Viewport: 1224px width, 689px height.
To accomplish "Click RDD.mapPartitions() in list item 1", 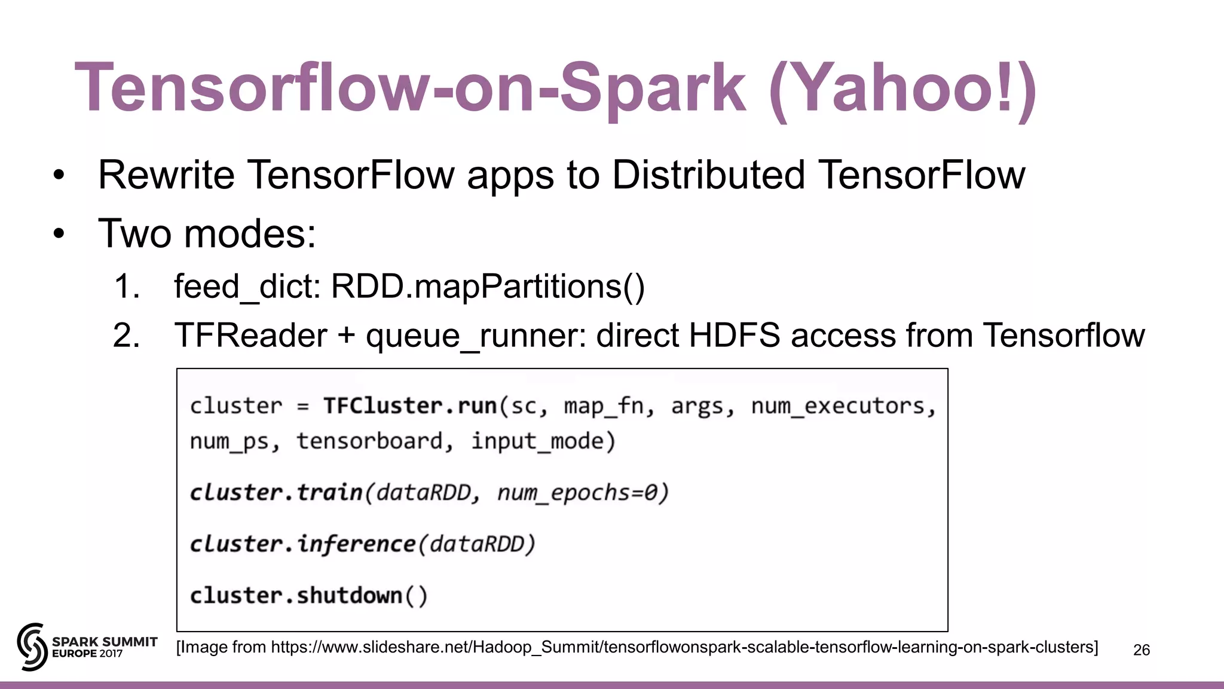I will coord(488,286).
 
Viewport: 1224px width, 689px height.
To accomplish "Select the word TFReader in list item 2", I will coord(250,335).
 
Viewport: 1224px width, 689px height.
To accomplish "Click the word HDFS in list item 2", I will coord(735,335).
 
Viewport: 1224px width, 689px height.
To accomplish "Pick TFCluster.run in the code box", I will coord(410,406).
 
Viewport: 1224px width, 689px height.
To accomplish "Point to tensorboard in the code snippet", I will coord(370,441).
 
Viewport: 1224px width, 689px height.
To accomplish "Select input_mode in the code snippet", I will coord(537,441).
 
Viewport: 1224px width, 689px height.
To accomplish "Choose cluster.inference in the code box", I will coord(302,544).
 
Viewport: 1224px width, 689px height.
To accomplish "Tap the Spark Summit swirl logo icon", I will coord(32,647).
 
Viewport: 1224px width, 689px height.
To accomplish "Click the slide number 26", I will coord(1141,650).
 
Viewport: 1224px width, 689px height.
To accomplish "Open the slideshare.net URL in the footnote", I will coord(684,647).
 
